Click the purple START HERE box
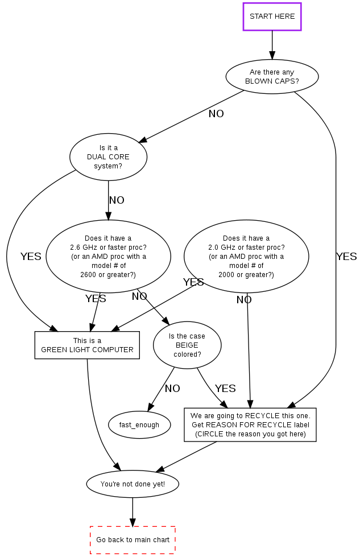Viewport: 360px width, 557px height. tap(272, 16)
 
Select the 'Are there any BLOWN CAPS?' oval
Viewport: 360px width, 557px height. tap(272, 77)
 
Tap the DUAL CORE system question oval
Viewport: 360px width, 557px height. tap(108, 156)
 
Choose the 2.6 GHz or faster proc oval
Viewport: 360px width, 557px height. tap(108, 257)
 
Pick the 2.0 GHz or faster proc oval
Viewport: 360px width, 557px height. tap(246, 257)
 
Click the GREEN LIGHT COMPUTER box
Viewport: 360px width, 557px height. tap(87, 345)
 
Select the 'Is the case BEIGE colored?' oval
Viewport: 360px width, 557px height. tap(187, 345)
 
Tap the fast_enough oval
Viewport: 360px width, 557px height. tap(139, 425)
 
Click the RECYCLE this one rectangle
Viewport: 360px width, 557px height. tap(250, 425)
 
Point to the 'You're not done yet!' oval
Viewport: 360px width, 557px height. tap(133, 484)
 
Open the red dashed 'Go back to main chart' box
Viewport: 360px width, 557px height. tap(133, 540)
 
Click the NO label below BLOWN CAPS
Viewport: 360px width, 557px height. tap(216, 114)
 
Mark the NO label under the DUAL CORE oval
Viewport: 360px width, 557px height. tap(117, 200)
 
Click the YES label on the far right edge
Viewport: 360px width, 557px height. tap(346, 257)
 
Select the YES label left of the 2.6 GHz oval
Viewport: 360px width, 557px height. tap(31, 257)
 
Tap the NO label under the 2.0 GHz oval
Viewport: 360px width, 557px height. tap(244, 300)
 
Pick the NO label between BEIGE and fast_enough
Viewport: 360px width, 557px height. tap(172, 389)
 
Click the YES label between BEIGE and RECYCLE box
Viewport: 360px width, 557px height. tap(225, 389)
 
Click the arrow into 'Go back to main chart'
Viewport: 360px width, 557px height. tap(133, 512)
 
